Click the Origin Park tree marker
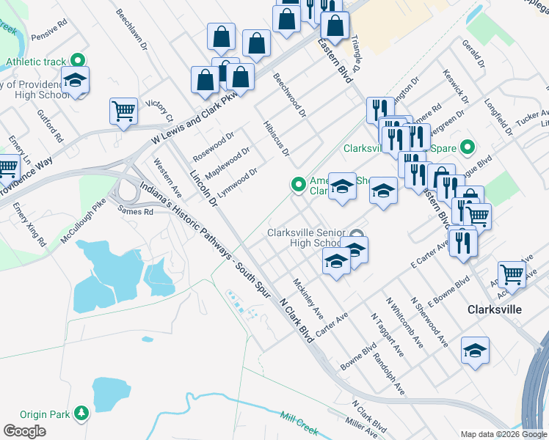pos(81,414)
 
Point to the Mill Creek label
pos(299,422)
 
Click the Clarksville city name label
pos(495,309)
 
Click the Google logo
pos(24,431)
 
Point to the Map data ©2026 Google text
pos(503,434)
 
